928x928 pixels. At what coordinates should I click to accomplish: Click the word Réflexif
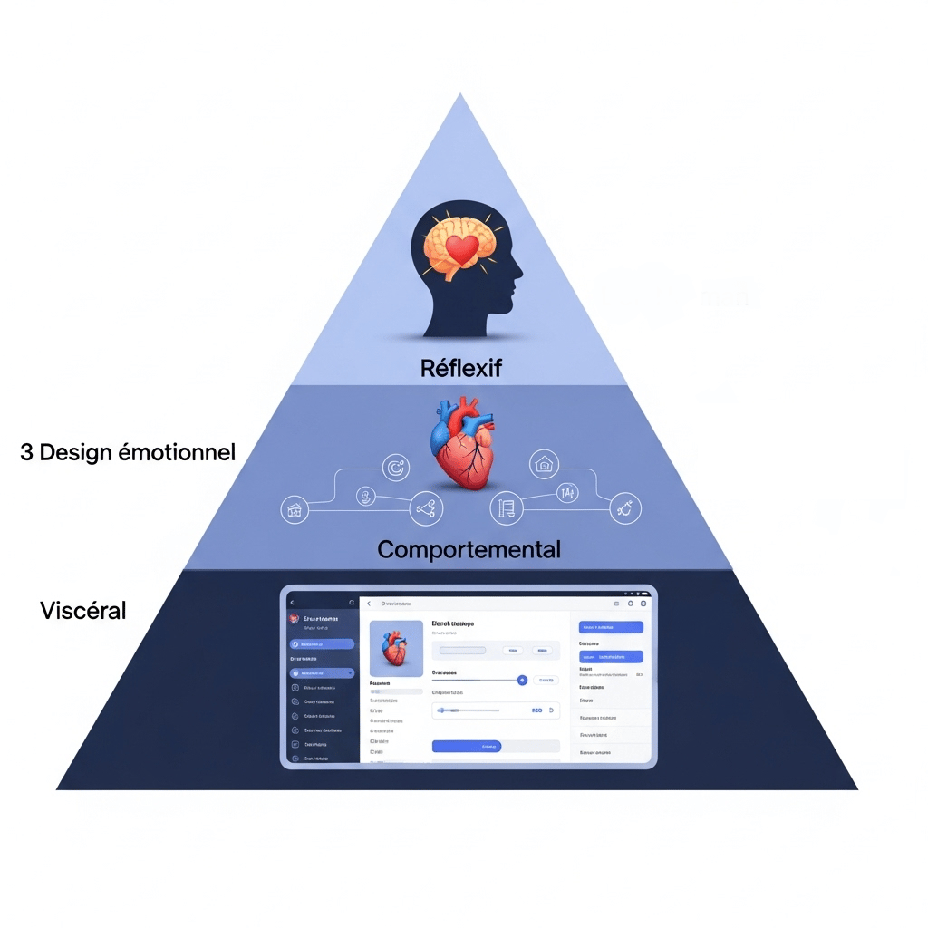pos(461,368)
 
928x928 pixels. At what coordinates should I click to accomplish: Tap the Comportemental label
pos(469,549)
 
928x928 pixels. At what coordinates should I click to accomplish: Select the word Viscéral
pos(83,610)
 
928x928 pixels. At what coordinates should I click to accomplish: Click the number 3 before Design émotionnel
pos(26,451)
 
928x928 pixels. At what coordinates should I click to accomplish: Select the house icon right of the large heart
pos(544,464)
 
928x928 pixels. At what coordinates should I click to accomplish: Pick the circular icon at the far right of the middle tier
pos(624,508)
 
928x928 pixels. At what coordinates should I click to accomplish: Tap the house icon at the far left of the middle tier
pos(295,510)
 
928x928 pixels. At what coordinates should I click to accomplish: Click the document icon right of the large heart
pos(506,508)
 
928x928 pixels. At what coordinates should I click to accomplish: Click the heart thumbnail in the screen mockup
pos(396,649)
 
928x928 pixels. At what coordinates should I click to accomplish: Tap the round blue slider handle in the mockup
pos(522,680)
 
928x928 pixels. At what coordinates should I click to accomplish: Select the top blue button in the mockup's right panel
pos(610,627)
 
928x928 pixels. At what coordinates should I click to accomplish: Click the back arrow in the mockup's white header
pos(369,604)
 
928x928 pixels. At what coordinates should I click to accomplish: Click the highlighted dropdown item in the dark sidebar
pos(322,673)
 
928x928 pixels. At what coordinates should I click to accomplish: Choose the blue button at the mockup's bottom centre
pos(466,746)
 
